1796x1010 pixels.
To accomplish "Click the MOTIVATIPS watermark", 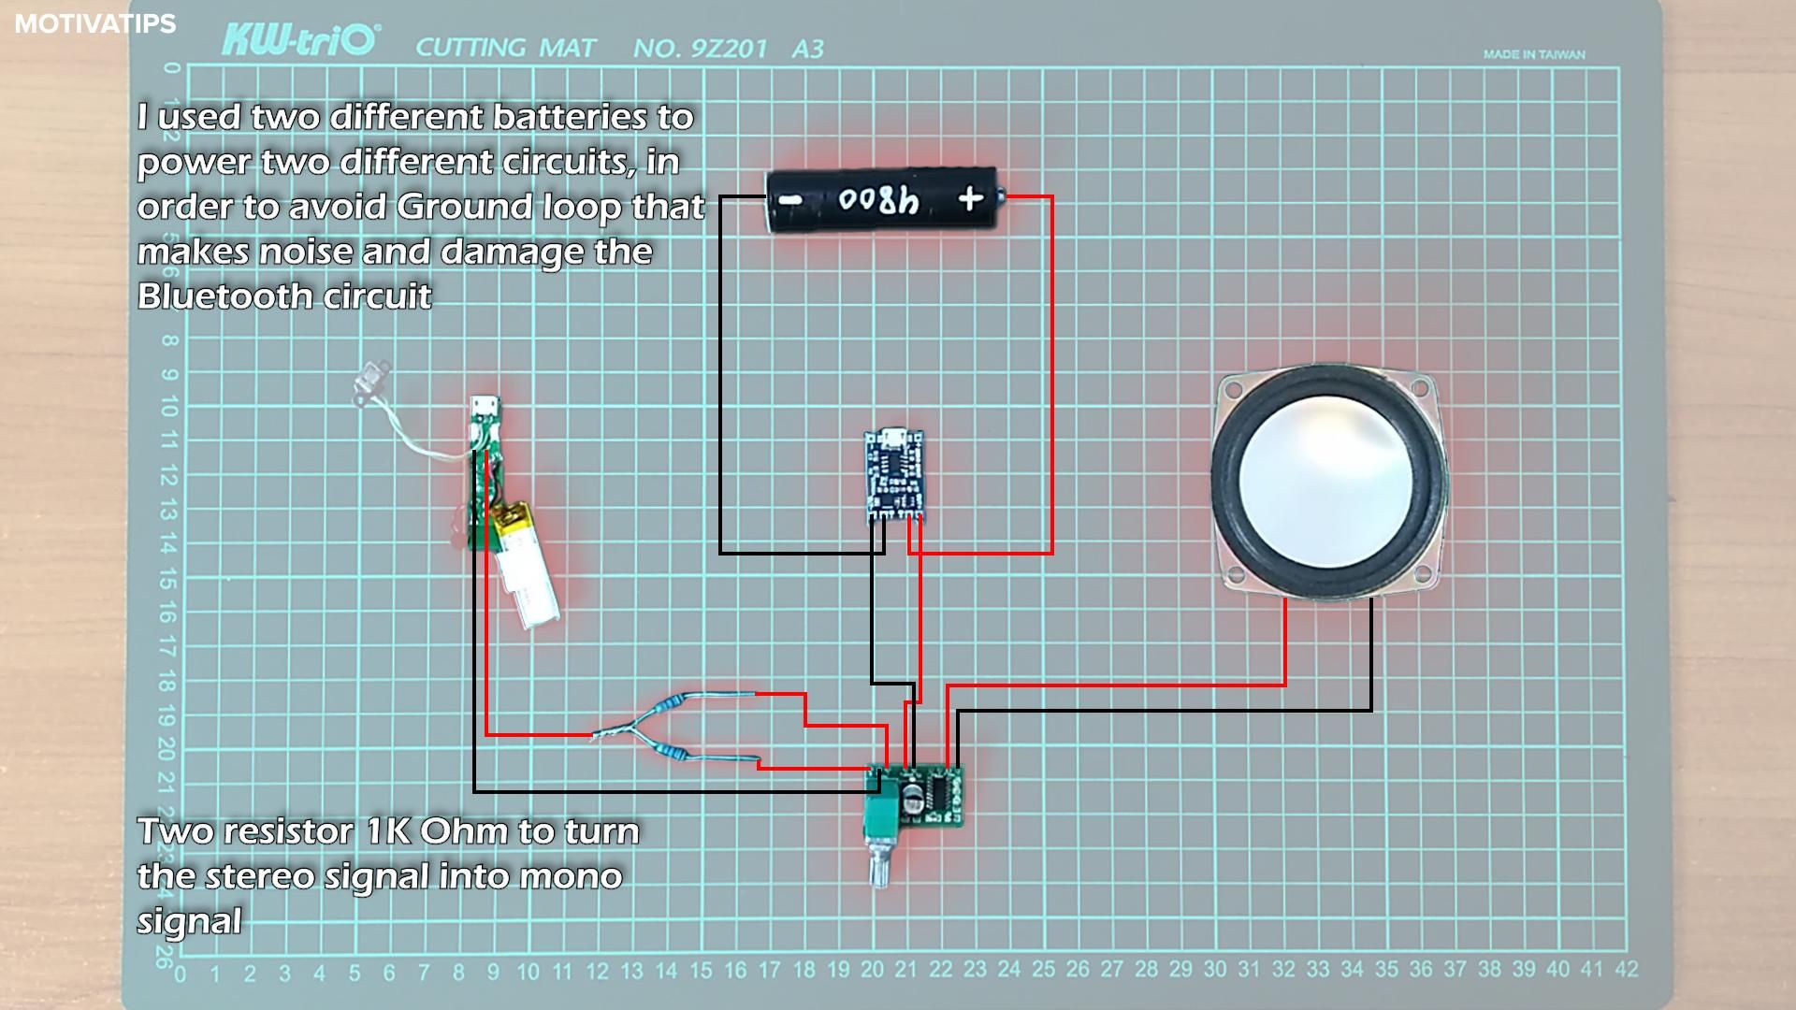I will [x=94, y=23].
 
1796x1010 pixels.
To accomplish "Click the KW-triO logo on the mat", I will [x=299, y=41].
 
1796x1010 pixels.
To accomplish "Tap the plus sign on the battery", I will [x=970, y=198].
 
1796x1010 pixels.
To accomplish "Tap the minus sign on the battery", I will [x=791, y=199].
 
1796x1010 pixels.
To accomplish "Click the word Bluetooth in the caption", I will [x=221, y=296].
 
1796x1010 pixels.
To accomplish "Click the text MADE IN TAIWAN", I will [x=1533, y=54].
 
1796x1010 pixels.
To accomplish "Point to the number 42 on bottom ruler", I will [x=1626, y=969].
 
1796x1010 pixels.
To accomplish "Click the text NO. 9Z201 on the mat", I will [x=700, y=49].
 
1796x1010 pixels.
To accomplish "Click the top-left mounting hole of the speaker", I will [x=1237, y=386].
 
